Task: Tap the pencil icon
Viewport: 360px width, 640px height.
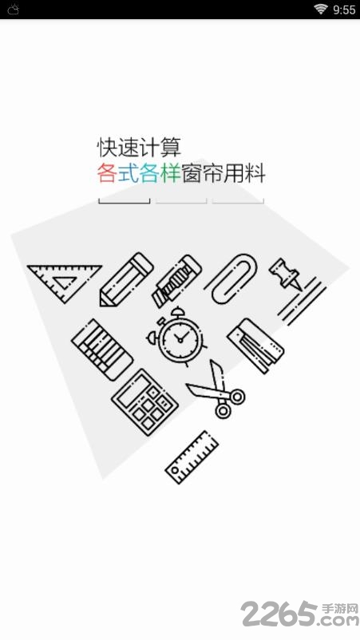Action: pyautogui.click(x=126, y=279)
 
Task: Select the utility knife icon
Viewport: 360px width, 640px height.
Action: pyautogui.click(x=176, y=282)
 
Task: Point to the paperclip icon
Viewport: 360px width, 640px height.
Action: pyautogui.click(x=231, y=279)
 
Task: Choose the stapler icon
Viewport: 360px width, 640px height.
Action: pyautogui.click(x=255, y=345)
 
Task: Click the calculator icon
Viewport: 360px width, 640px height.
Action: pyautogui.click(x=144, y=399)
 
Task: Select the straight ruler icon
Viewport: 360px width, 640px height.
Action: pyautogui.click(x=192, y=457)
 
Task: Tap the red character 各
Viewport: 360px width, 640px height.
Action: pyautogui.click(x=107, y=173)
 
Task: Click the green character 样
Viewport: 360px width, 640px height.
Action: pyautogui.click(x=171, y=173)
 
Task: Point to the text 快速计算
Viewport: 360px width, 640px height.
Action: pyautogui.click(x=139, y=148)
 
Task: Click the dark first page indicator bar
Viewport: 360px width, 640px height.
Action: pyautogui.click(x=124, y=201)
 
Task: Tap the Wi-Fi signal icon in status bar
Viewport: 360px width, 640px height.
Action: pyautogui.click(x=321, y=9)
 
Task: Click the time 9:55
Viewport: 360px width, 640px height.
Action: pyautogui.click(x=345, y=10)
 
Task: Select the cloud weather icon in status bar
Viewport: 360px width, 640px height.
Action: pyautogui.click(x=13, y=10)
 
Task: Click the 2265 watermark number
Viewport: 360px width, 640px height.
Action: pyautogui.click(x=279, y=614)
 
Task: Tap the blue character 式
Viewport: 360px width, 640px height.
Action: pyautogui.click(x=129, y=173)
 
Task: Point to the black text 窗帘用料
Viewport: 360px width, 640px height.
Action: pyautogui.click(x=224, y=173)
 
